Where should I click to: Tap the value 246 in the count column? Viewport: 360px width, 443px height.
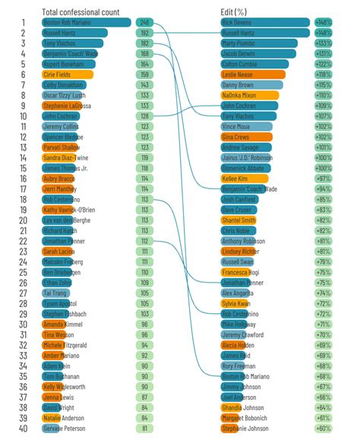pyautogui.click(x=144, y=23)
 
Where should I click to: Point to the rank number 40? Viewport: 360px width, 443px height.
pyautogui.click(x=24, y=429)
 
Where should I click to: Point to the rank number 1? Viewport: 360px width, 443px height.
pyautogui.click(x=24, y=23)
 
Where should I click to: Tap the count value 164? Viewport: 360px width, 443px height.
pyautogui.click(x=144, y=65)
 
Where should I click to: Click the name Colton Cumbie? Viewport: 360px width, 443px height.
pyautogui.click(x=243, y=65)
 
